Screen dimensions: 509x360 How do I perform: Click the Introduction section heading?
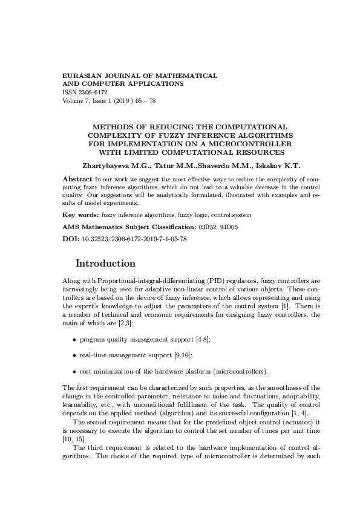click(105, 264)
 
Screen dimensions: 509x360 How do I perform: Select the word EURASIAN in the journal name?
click(82, 76)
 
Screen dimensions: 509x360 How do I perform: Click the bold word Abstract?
click(77, 180)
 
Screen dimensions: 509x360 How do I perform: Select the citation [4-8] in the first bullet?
click(203, 340)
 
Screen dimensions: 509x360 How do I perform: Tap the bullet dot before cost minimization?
click(74, 371)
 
